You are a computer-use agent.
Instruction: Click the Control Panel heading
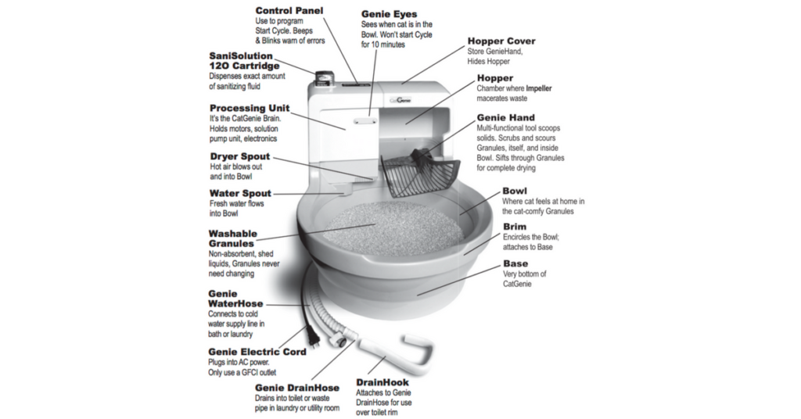[x=290, y=10]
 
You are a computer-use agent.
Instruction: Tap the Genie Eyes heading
[x=389, y=14]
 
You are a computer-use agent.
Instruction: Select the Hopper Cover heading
[x=501, y=41]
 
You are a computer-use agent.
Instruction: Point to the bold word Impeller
[x=538, y=88]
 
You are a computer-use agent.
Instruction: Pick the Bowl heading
[x=514, y=191]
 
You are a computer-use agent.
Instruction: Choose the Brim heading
[x=515, y=227]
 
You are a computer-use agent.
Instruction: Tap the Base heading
[x=515, y=263]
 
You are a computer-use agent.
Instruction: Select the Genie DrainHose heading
[x=296, y=387]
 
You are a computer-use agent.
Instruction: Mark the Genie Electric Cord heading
[x=257, y=352]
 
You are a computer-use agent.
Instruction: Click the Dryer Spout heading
[x=240, y=156]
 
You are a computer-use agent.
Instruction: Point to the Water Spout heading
[x=240, y=193]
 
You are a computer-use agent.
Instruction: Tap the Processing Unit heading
[x=250, y=108]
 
